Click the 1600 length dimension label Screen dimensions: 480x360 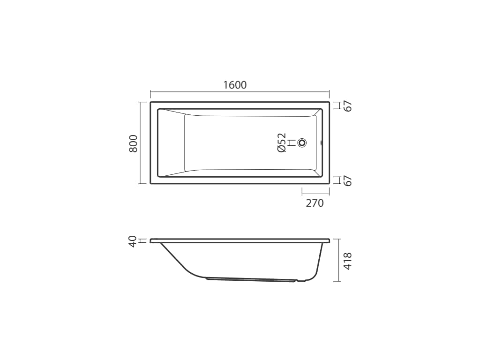[235, 85]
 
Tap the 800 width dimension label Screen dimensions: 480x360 [133, 143]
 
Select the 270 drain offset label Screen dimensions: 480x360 [315, 203]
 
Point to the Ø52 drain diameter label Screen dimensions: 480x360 [281, 142]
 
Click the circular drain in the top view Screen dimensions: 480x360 [302, 142]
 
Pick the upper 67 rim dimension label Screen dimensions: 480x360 [348, 106]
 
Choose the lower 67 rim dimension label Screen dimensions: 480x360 [348, 181]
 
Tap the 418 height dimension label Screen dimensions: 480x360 [348, 261]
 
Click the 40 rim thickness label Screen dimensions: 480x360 [133, 241]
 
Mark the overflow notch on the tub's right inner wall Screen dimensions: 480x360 [321, 142]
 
